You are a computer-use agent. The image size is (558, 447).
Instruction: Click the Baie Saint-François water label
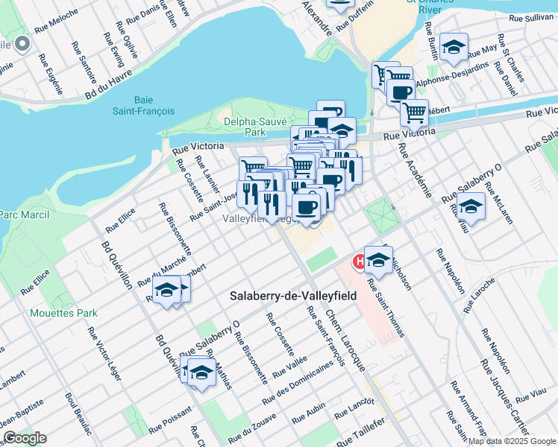coord(154,105)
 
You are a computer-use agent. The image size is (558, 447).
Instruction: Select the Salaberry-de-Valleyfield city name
coord(292,296)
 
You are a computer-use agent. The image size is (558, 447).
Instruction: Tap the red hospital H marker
coord(359,261)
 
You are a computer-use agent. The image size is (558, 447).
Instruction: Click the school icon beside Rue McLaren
coord(471,206)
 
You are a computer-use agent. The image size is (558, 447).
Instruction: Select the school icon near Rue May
coord(453,48)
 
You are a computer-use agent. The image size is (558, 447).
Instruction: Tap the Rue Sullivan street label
coord(530,16)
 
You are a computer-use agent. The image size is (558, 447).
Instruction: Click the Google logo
coord(25,438)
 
